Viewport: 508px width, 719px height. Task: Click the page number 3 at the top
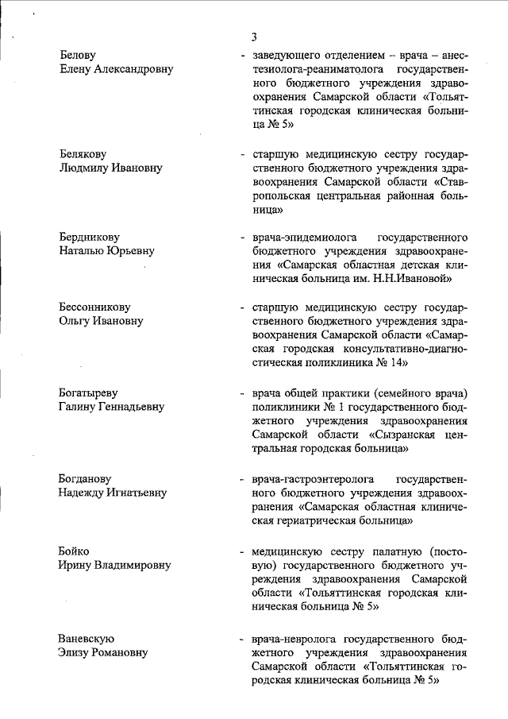pyautogui.click(x=253, y=37)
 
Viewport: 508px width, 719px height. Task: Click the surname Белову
pyautogui.click(x=78, y=56)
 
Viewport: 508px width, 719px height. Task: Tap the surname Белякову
pyautogui.click(x=83, y=153)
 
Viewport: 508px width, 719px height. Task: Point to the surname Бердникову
pyautogui.click(x=89, y=237)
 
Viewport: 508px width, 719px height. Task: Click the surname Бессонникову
pyautogui.click(x=94, y=307)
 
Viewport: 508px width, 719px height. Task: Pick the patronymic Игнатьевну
pyautogui.click(x=135, y=493)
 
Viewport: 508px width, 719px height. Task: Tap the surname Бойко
pyautogui.click(x=74, y=551)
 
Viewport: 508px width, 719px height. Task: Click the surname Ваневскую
pyautogui.click(x=87, y=638)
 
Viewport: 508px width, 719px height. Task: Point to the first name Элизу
pyautogui.click(x=76, y=652)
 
